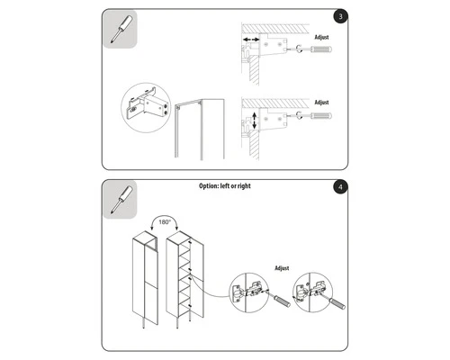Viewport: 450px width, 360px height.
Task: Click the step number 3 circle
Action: tap(338, 16)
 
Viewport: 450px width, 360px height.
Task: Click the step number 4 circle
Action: tap(338, 187)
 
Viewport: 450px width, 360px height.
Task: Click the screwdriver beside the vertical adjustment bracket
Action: tap(312, 116)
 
